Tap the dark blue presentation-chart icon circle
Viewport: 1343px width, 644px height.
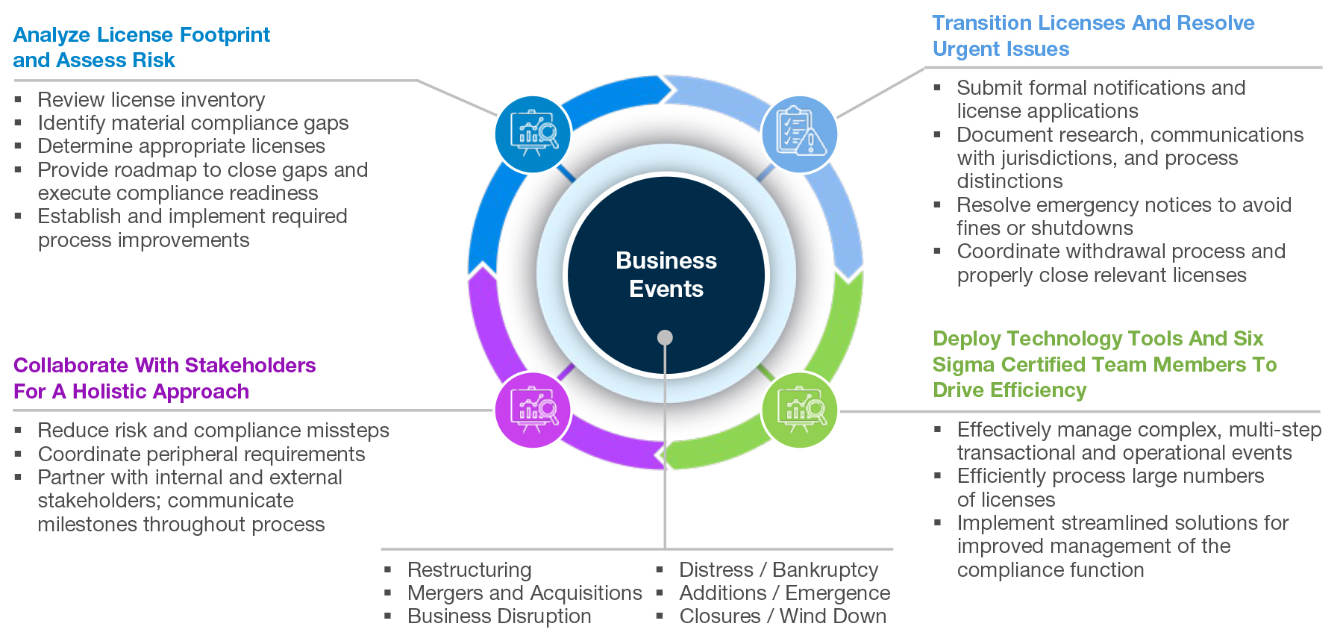point(533,134)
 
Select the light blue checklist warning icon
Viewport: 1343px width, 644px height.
point(800,134)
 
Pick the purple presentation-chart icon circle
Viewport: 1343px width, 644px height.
point(533,410)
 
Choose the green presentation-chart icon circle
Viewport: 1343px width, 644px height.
point(800,410)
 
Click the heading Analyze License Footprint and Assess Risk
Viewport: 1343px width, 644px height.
point(142,47)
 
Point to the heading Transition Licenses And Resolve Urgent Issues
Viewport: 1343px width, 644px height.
point(1093,36)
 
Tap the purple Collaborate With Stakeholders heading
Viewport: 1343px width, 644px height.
point(164,378)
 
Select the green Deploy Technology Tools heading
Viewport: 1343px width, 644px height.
point(1104,364)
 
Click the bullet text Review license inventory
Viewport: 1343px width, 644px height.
point(151,99)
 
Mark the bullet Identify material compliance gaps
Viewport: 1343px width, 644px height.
point(193,122)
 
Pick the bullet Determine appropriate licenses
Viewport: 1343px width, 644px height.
point(181,146)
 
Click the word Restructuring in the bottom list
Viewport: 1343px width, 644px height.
point(469,569)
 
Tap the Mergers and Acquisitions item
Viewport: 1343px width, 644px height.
point(525,593)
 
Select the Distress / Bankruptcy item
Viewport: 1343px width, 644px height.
point(779,569)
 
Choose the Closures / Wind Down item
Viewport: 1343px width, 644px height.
point(783,616)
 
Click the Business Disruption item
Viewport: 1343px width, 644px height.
point(499,616)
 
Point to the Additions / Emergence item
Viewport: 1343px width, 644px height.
point(785,593)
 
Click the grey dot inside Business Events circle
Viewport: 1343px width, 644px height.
point(665,337)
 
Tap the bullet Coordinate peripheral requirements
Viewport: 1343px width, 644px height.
point(201,454)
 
